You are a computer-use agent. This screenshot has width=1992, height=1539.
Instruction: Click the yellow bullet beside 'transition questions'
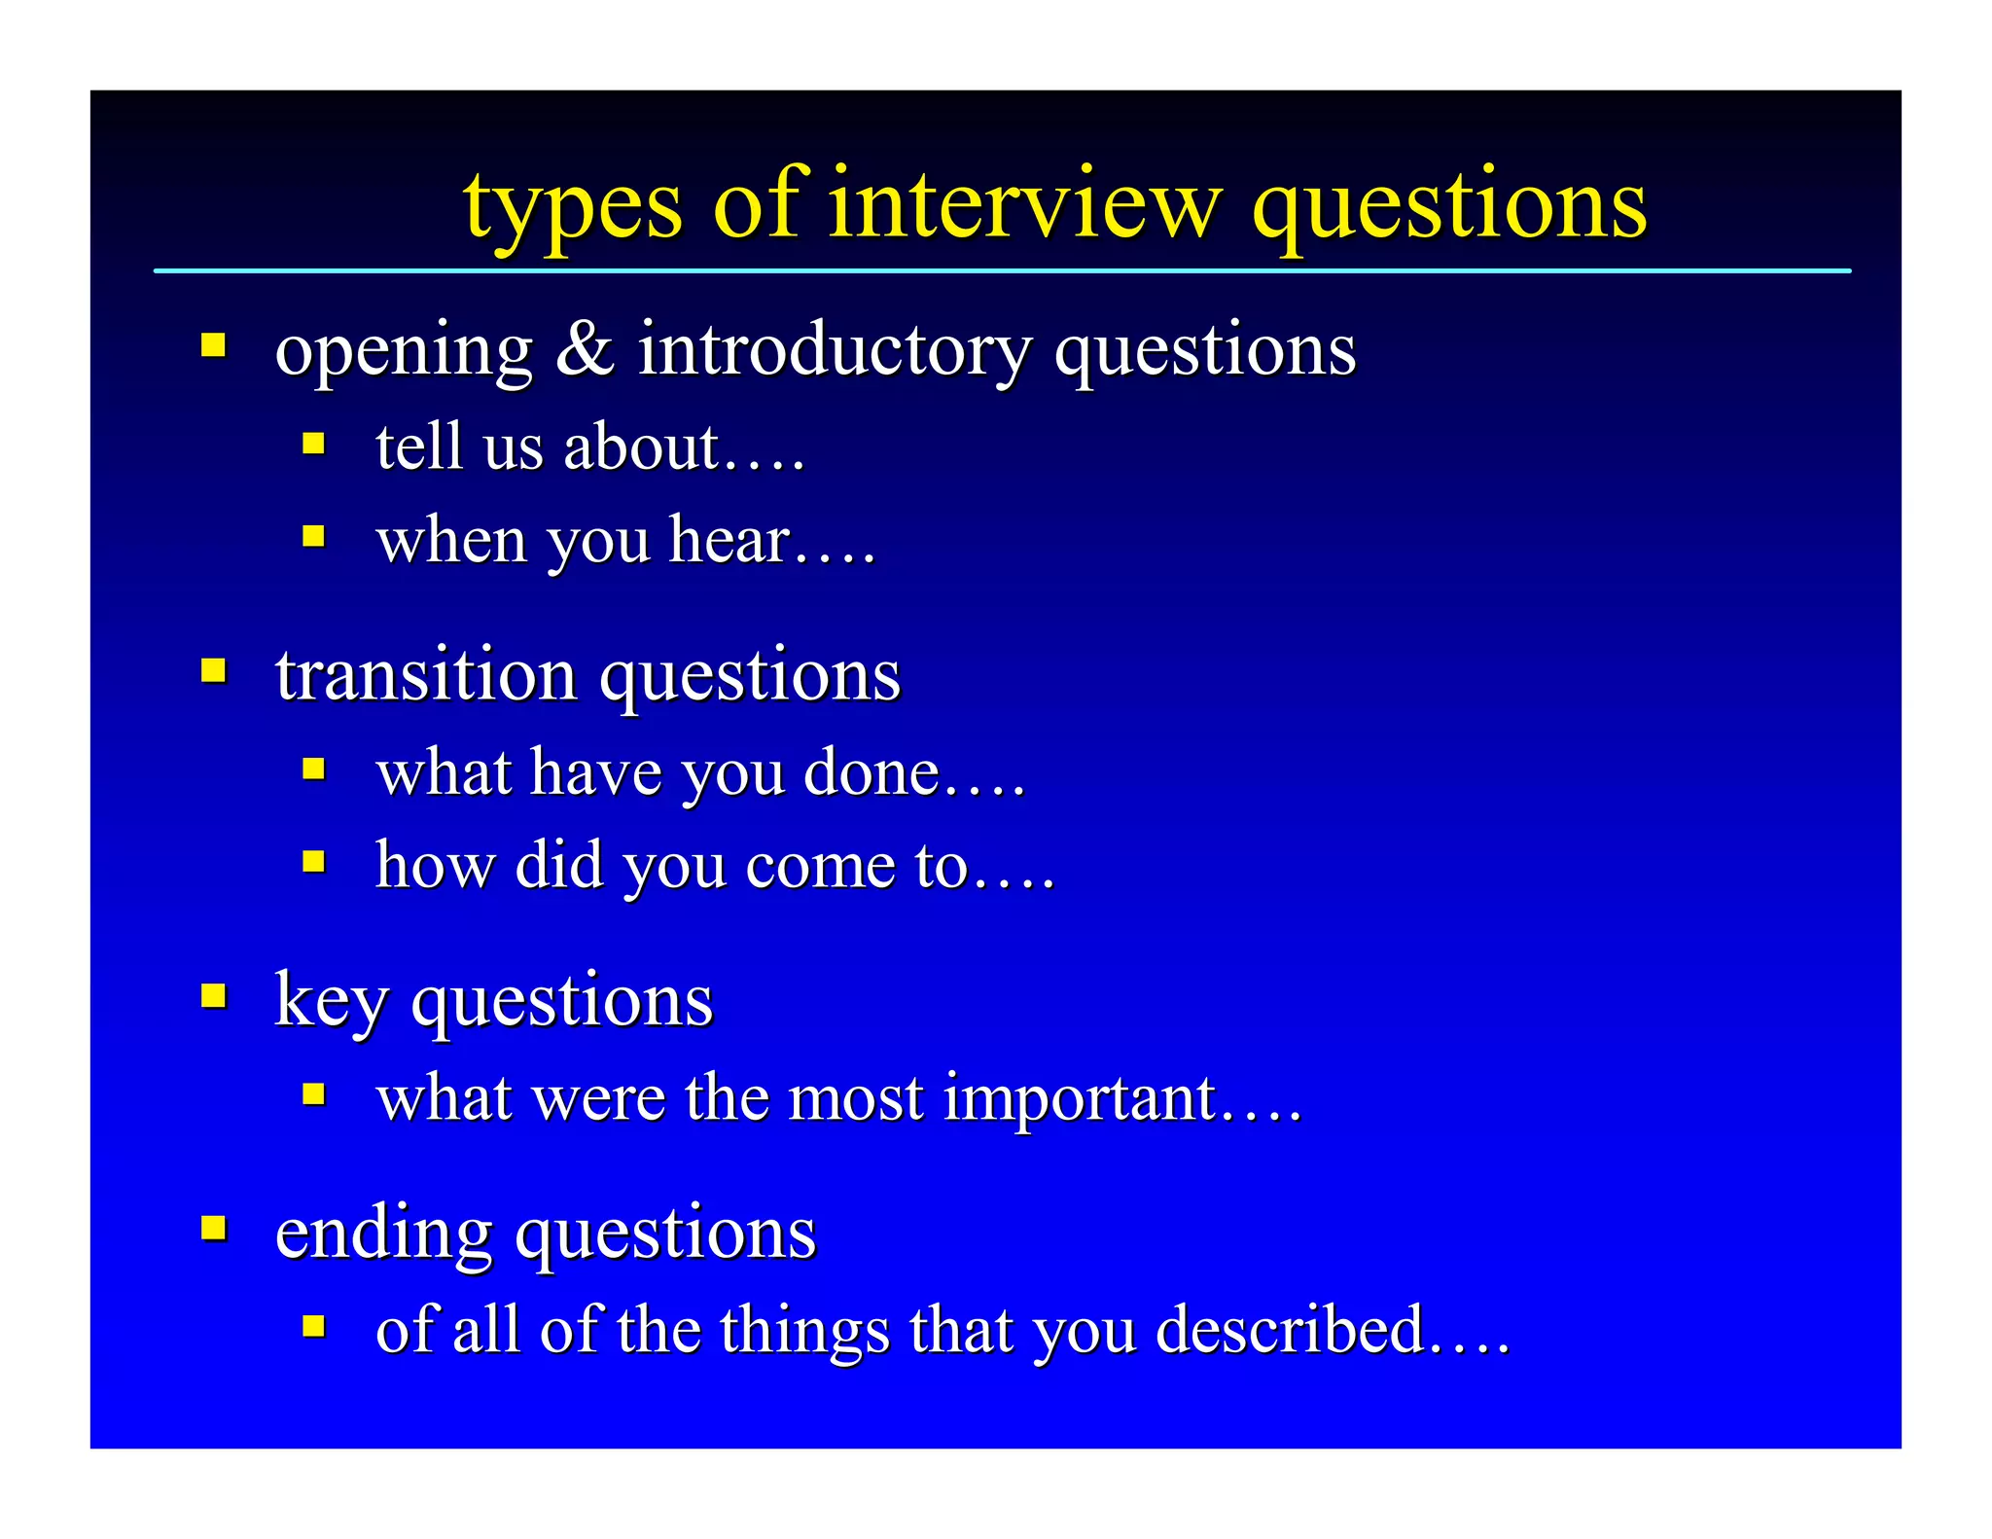(214, 670)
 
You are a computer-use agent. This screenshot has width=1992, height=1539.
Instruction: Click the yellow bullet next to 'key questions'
(214, 995)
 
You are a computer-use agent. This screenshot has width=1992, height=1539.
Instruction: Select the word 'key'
(331, 1002)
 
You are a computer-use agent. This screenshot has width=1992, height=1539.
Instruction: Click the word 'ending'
(383, 1234)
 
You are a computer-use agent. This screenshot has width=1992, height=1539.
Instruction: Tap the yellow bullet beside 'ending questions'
(214, 1227)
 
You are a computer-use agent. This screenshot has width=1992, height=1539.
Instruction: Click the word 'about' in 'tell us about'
(641, 447)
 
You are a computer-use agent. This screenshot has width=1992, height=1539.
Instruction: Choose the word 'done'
(871, 772)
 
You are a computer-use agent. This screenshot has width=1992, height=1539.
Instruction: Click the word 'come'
(820, 865)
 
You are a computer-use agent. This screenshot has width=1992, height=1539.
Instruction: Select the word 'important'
(1080, 1099)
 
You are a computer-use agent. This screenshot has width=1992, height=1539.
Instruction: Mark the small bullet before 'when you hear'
(313, 536)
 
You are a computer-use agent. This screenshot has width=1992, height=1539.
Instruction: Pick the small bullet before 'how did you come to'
(313, 861)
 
